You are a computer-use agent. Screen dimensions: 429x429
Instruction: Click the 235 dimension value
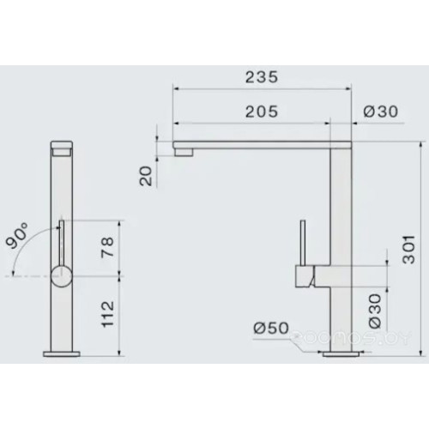tap(261, 76)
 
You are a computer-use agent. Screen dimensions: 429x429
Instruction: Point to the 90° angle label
tap(16, 234)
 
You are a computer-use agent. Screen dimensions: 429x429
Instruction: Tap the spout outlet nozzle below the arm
tap(184, 152)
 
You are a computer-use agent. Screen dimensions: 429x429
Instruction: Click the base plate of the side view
tap(61, 353)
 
